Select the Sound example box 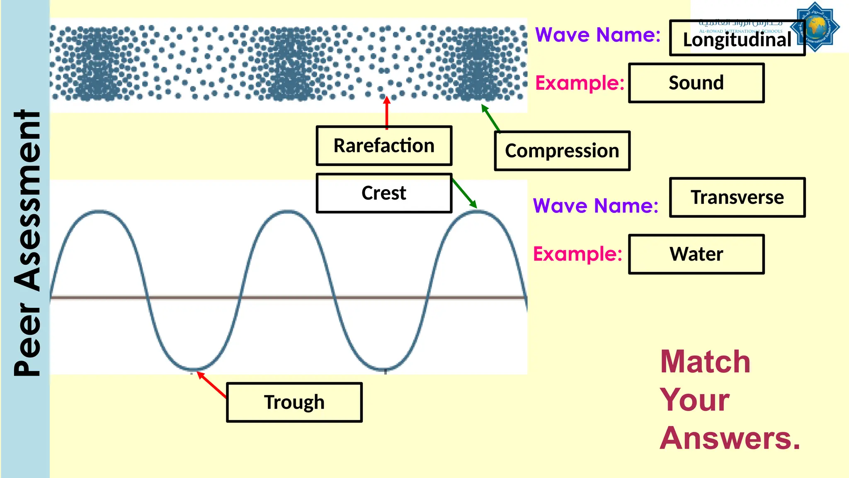(x=696, y=83)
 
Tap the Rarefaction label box (x=384, y=146)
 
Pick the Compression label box (x=562, y=151)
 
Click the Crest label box (x=384, y=193)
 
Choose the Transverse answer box (x=737, y=197)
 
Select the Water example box (x=696, y=254)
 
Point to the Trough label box (x=294, y=402)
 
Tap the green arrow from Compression (x=490, y=118)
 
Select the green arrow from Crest (x=464, y=193)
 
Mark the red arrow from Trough (x=212, y=385)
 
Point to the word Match (x=705, y=362)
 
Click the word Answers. (x=730, y=438)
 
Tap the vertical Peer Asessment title (x=27, y=243)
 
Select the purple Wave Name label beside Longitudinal (x=597, y=34)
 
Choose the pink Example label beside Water (x=577, y=254)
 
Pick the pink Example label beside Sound (x=580, y=83)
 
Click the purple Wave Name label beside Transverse (x=595, y=206)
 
